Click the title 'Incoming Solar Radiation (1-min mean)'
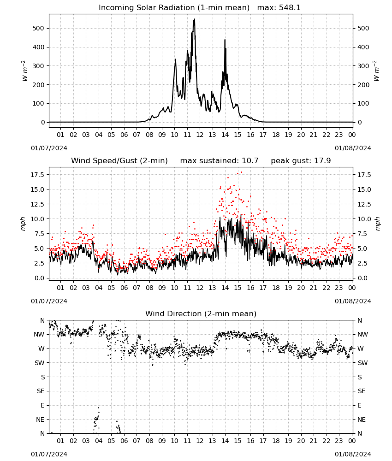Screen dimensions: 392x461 (x=174, y=8)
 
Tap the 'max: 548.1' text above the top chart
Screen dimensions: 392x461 (x=279, y=8)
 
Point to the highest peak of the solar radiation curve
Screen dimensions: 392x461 (x=194, y=19)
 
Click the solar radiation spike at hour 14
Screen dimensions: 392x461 (x=225, y=40)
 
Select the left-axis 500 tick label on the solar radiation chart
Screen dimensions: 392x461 (x=38, y=28)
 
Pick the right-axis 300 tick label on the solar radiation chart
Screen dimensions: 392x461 (x=363, y=66)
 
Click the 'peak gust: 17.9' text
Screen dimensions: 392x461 (x=301, y=161)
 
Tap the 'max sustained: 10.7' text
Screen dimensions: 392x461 (x=219, y=161)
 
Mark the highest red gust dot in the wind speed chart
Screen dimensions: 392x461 (x=242, y=172)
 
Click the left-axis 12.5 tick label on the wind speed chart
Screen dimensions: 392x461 (x=37, y=204)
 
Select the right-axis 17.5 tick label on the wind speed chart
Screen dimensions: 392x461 (x=364, y=175)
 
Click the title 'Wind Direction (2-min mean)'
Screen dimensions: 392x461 (x=201, y=313)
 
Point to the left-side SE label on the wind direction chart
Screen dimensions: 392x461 (x=41, y=391)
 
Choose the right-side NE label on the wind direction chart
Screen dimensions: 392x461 (x=362, y=420)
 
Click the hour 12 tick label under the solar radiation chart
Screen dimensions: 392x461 (x=200, y=135)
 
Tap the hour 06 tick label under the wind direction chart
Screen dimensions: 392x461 (x=124, y=441)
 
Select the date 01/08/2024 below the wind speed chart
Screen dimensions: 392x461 (x=353, y=301)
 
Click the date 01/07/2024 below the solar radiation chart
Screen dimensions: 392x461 (x=49, y=148)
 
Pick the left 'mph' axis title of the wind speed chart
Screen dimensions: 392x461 (x=23, y=224)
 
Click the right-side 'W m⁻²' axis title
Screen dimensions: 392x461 (x=376, y=71)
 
